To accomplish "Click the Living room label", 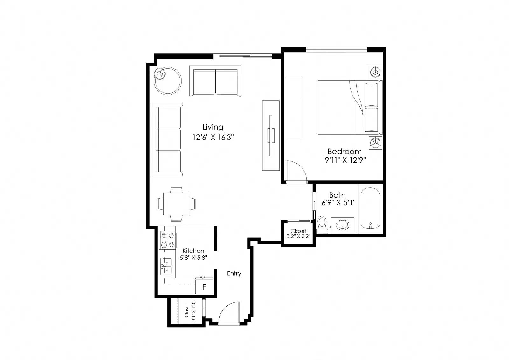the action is [x=213, y=127].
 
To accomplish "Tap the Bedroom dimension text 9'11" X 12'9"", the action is [x=345, y=160].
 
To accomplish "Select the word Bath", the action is [x=338, y=195].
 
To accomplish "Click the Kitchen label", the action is [x=193, y=251].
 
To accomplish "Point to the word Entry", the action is [x=234, y=273].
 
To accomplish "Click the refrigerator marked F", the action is [x=204, y=286].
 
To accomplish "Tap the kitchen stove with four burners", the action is [x=167, y=240].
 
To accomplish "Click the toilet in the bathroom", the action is [x=322, y=225].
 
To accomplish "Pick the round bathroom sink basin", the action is [x=342, y=225].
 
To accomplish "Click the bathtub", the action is [x=370, y=208].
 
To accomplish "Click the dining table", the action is [x=177, y=204].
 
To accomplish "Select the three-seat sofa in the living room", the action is [x=167, y=139].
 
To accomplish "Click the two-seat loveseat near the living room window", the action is [x=215, y=81].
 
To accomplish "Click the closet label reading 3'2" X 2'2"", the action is [x=298, y=236].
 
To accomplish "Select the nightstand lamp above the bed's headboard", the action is [x=375, y=72].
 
